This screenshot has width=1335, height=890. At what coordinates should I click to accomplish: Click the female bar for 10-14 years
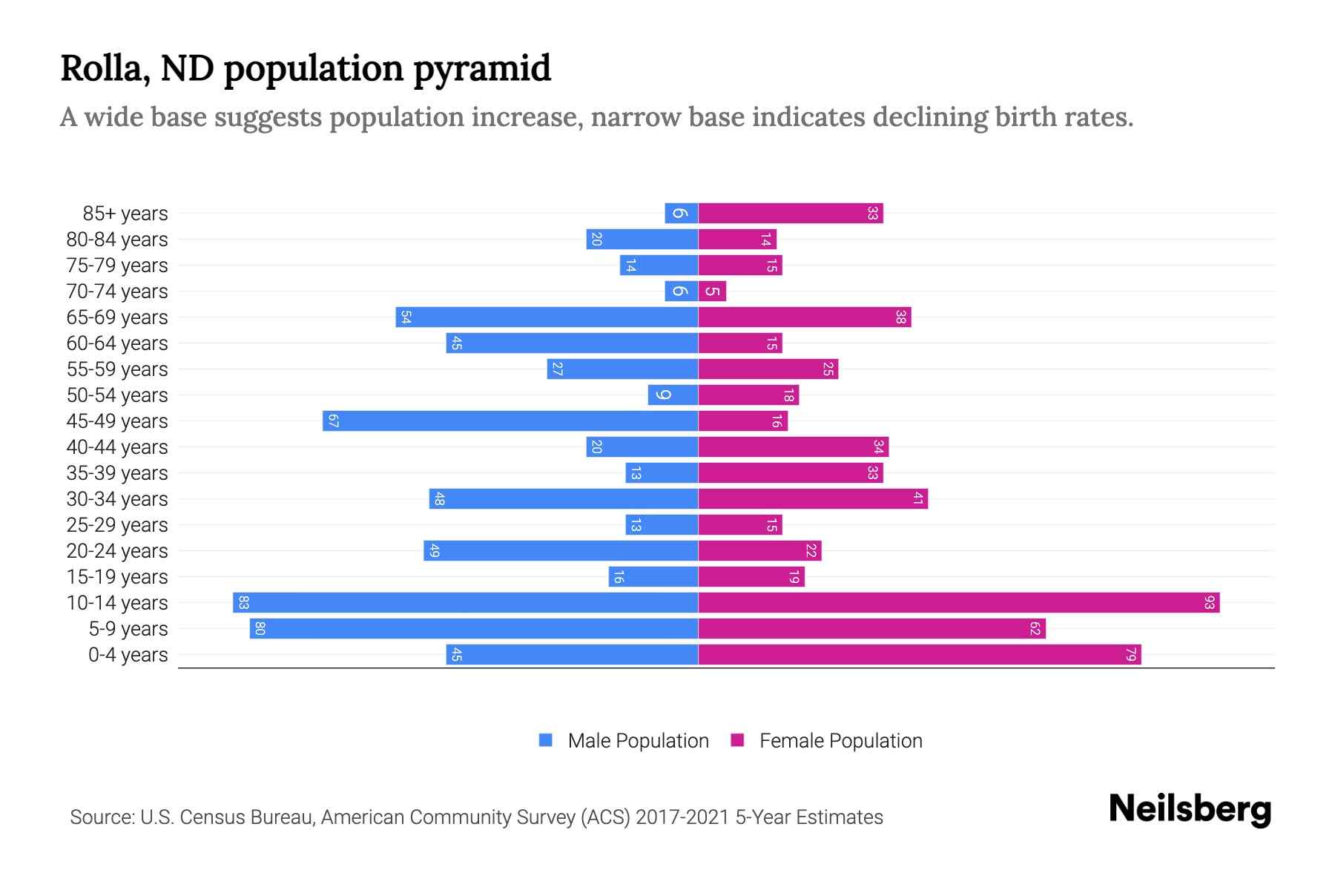click(x=958, y=602)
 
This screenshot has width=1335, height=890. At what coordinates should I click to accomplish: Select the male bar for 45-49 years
click(x=510, y=421)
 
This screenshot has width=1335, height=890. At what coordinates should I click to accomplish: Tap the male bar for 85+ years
click(x=681, y=213)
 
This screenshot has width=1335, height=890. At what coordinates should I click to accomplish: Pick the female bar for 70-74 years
click(x=712, y=291)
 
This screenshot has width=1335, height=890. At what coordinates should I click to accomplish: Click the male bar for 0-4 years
click(x=572, y=654)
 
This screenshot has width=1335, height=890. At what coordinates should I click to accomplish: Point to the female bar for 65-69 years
click(x=804, y=317)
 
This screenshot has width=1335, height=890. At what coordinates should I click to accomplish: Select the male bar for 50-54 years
click(x=673, y=395)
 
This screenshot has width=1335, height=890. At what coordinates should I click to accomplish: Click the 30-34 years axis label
click(x=117, y=499)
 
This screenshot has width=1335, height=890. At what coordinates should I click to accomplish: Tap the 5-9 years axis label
click(x=128, y=629)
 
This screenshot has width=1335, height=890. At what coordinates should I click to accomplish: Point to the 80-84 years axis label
click(x=117, y=240)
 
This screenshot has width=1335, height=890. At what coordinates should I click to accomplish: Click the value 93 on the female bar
click(x=1209, y=602)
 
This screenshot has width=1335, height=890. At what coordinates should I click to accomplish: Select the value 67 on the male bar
click(x=334, y=421)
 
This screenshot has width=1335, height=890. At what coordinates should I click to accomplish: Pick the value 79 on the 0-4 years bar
click(x=1130, y=654)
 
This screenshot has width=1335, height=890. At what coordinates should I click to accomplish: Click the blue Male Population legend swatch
click(x=546, y=740)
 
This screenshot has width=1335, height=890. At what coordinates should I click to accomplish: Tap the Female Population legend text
click(x=840, y=740)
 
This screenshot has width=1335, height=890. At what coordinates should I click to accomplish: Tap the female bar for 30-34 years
click(x=813, y=498)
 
